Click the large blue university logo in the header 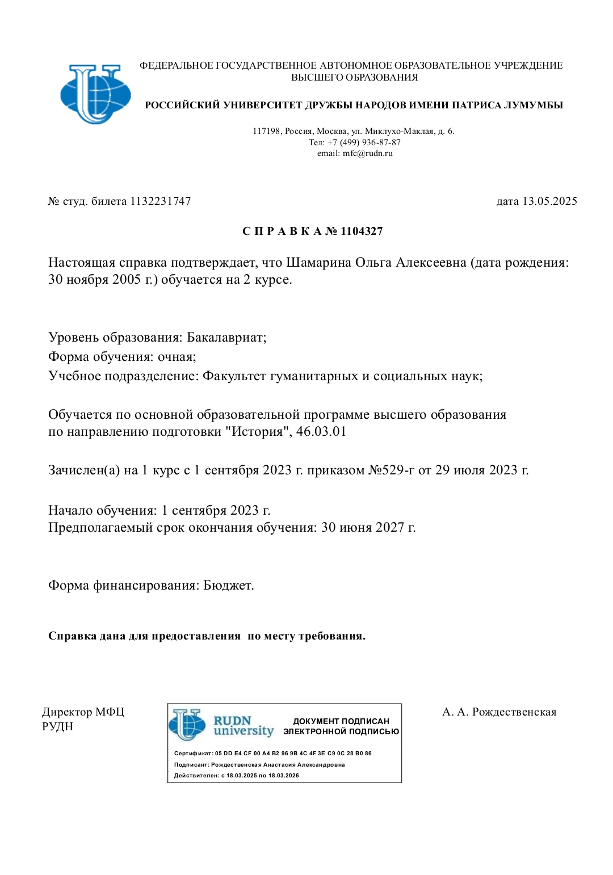pos(95,94)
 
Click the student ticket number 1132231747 pos(161,201)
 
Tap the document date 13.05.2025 pos(549,201)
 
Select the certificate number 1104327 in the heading pos(362,232)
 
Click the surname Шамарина pos(318,263)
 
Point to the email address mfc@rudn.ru pos(367,153)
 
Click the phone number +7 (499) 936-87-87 pos(364,142)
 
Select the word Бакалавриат pos(226,338)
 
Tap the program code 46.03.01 pos(321,432)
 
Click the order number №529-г pos(392,470)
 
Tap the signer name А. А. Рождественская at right pos(499,712)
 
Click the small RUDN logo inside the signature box pos(187,725)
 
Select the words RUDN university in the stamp pos(243,726)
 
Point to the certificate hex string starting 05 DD pos(293,754)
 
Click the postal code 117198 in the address pos(266,132)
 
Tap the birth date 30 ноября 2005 pos(94,280)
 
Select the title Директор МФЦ pos(83,712)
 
